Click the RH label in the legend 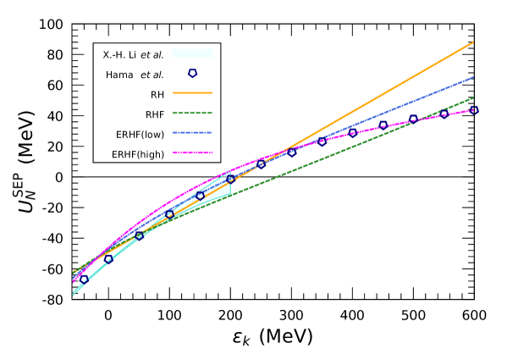(157, 95)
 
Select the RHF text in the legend (155, 114)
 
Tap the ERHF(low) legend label (140, 134)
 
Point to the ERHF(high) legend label (138, 154)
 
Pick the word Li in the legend (132, 55)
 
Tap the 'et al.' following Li (152, 55)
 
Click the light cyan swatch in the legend (192, 53)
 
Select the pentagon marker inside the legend (192, 74)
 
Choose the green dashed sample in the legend (192, 113)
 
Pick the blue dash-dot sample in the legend (192, 132)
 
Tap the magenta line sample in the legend (192, 152)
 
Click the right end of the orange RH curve (472, 42)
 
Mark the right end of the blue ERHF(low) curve (472, 77)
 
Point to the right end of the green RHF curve (472, 98)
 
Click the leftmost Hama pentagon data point (85, 280)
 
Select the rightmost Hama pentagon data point (474, 110)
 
